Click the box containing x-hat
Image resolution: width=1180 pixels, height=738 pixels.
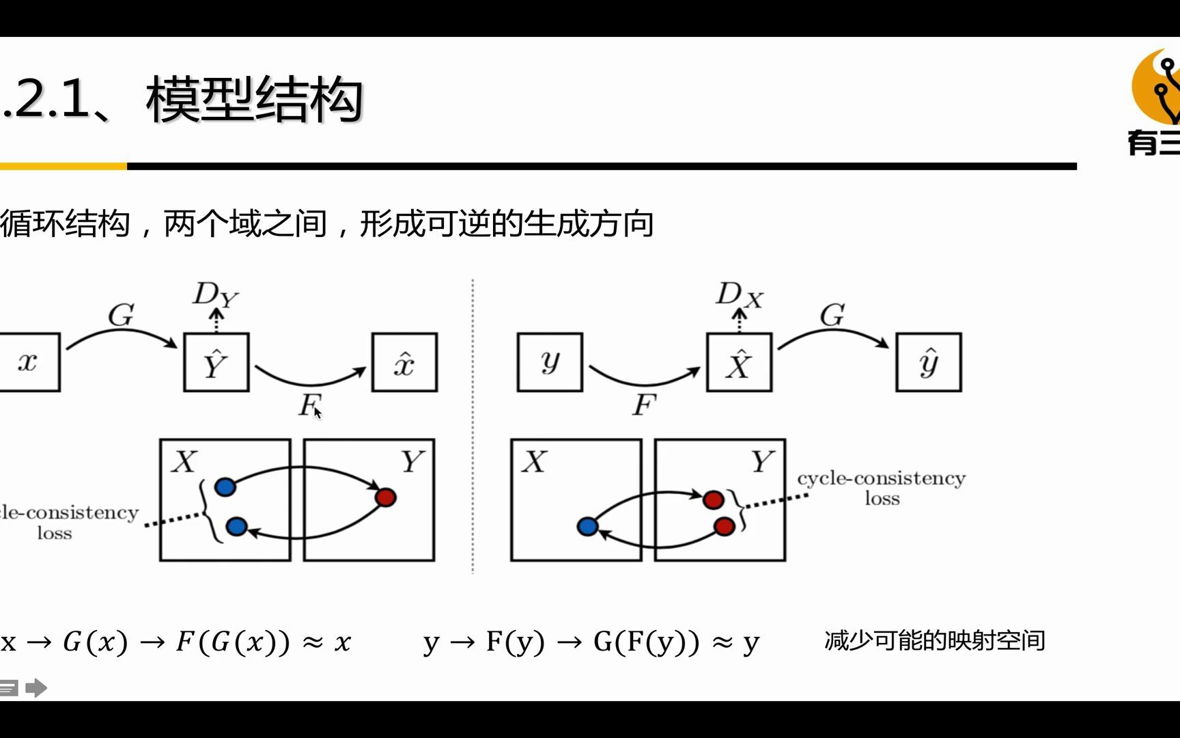click(404, 362)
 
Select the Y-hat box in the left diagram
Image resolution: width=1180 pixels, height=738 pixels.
click(216, 362)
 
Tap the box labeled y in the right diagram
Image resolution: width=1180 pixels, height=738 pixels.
click(550, 362)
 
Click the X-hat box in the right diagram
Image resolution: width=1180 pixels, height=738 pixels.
click(739, 362)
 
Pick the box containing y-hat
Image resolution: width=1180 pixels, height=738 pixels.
click(928, 362)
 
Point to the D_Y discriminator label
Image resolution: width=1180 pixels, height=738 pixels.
click(214, 295)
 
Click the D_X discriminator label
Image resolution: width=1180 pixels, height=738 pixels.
click(738, 295)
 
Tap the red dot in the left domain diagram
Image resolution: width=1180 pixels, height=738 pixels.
click(386, 497)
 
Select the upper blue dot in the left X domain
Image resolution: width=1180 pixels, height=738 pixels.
click(225, 487)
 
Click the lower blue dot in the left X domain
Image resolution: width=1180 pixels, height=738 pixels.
click(236, 526)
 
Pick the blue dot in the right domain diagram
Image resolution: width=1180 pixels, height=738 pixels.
click(587, 526)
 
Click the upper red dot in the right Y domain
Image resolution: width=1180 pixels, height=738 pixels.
click(713, 500)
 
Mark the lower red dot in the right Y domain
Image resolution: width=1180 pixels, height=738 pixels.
click(724, 526)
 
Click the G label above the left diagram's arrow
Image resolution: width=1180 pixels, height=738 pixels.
click(121, 315)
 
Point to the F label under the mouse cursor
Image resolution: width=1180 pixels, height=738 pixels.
click(309, 405)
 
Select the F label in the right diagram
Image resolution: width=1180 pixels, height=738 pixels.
click(643, 405)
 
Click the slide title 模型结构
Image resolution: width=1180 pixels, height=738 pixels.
click(254, 100)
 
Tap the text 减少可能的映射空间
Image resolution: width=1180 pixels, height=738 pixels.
click(934, 640)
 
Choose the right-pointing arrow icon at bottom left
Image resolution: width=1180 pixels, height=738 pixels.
click(36, 687)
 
